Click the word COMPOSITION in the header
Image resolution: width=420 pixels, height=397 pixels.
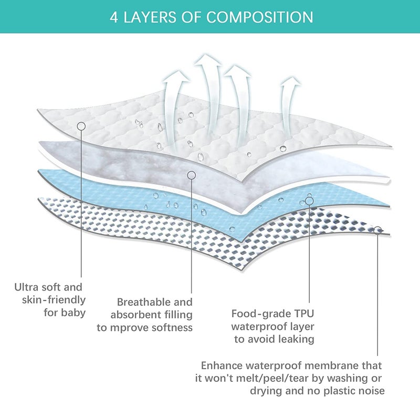point(259,17)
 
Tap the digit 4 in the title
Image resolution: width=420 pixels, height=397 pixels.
point(113,17)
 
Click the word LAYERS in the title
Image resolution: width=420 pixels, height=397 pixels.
point(150,17)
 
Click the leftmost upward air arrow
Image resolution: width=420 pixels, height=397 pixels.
point(173,107)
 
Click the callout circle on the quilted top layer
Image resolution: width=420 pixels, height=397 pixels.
point(81,126)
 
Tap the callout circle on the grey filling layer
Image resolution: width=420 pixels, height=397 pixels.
point(191,175)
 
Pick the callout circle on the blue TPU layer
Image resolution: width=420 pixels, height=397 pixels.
point(309,201)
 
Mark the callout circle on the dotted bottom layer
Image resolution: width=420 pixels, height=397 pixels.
point(377,230)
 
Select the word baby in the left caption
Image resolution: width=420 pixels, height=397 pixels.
point(73,313)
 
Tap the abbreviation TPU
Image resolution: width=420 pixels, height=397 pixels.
point(304,314)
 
